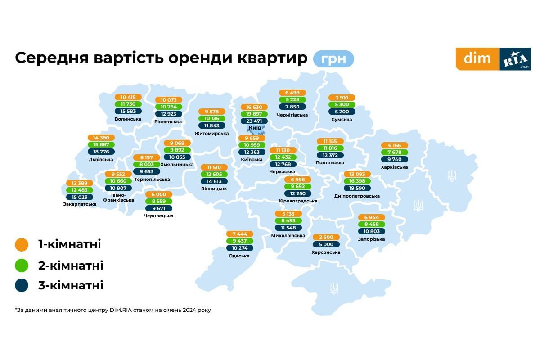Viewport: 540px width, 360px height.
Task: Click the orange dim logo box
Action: [x=477, y=59]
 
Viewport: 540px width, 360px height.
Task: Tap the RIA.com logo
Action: [x=515, y=59]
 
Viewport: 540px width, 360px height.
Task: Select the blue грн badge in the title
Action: [x=333, y=59]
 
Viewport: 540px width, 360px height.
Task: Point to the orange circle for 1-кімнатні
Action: [x=22, y=245]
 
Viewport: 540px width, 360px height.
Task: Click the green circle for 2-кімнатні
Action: [x=22, y=265]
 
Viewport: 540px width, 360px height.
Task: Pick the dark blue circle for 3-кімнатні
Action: [x=22, y=285]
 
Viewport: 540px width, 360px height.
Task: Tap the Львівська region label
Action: [x=101, y=160]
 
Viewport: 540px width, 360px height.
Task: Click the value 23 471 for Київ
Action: [x=254, y=121]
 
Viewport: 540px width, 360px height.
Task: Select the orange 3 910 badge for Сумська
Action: [x=342, y=98]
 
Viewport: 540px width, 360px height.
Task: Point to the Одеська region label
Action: [x=239, y=256]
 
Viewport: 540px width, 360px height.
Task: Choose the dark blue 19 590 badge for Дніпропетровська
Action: [x=357, y=189]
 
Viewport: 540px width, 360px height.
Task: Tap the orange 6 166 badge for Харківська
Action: [x=394, y=145]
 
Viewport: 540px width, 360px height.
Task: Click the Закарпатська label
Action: [x=80, y=204]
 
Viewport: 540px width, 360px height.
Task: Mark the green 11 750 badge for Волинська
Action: [x=128, y=104]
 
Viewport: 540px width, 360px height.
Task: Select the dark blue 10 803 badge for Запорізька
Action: [x=371, y=231]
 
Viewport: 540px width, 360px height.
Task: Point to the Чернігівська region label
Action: [x=292, y=115]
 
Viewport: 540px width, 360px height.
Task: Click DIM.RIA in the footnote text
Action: [x=121, y=310]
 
